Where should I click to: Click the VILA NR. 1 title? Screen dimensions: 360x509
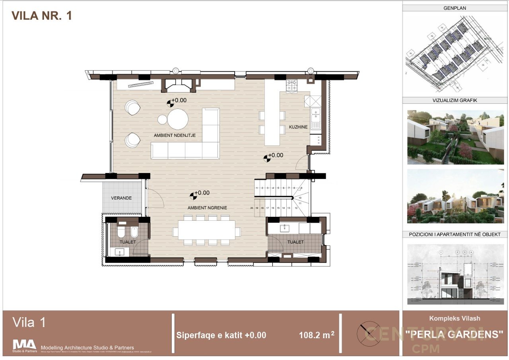pyautogui.click(x=42, y=16)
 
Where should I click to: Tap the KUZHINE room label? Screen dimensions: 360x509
pyautogui.click(x=298, y=127)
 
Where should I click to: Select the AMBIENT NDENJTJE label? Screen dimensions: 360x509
pyautogui.click(x=175, y=135)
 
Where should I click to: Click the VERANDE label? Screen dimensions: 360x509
pyautogui.click(x=121, y=198)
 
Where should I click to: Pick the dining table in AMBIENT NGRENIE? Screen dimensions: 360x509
pyautogui.click(x=206, y=230)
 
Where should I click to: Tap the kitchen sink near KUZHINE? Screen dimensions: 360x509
pyautogui.click(x=315, y=119)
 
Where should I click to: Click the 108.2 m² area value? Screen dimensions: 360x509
pyautogui.click(x=317, y=335)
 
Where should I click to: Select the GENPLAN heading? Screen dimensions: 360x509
pyautogui.click(x=455, y=8)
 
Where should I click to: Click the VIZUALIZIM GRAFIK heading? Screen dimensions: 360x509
pyautogui.click(x=455, y=101)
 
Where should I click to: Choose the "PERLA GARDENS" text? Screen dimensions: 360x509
pyautogui.click(x=454, y=335)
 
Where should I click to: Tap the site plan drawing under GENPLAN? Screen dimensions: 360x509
pyautogui.click(x=455, y=54)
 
